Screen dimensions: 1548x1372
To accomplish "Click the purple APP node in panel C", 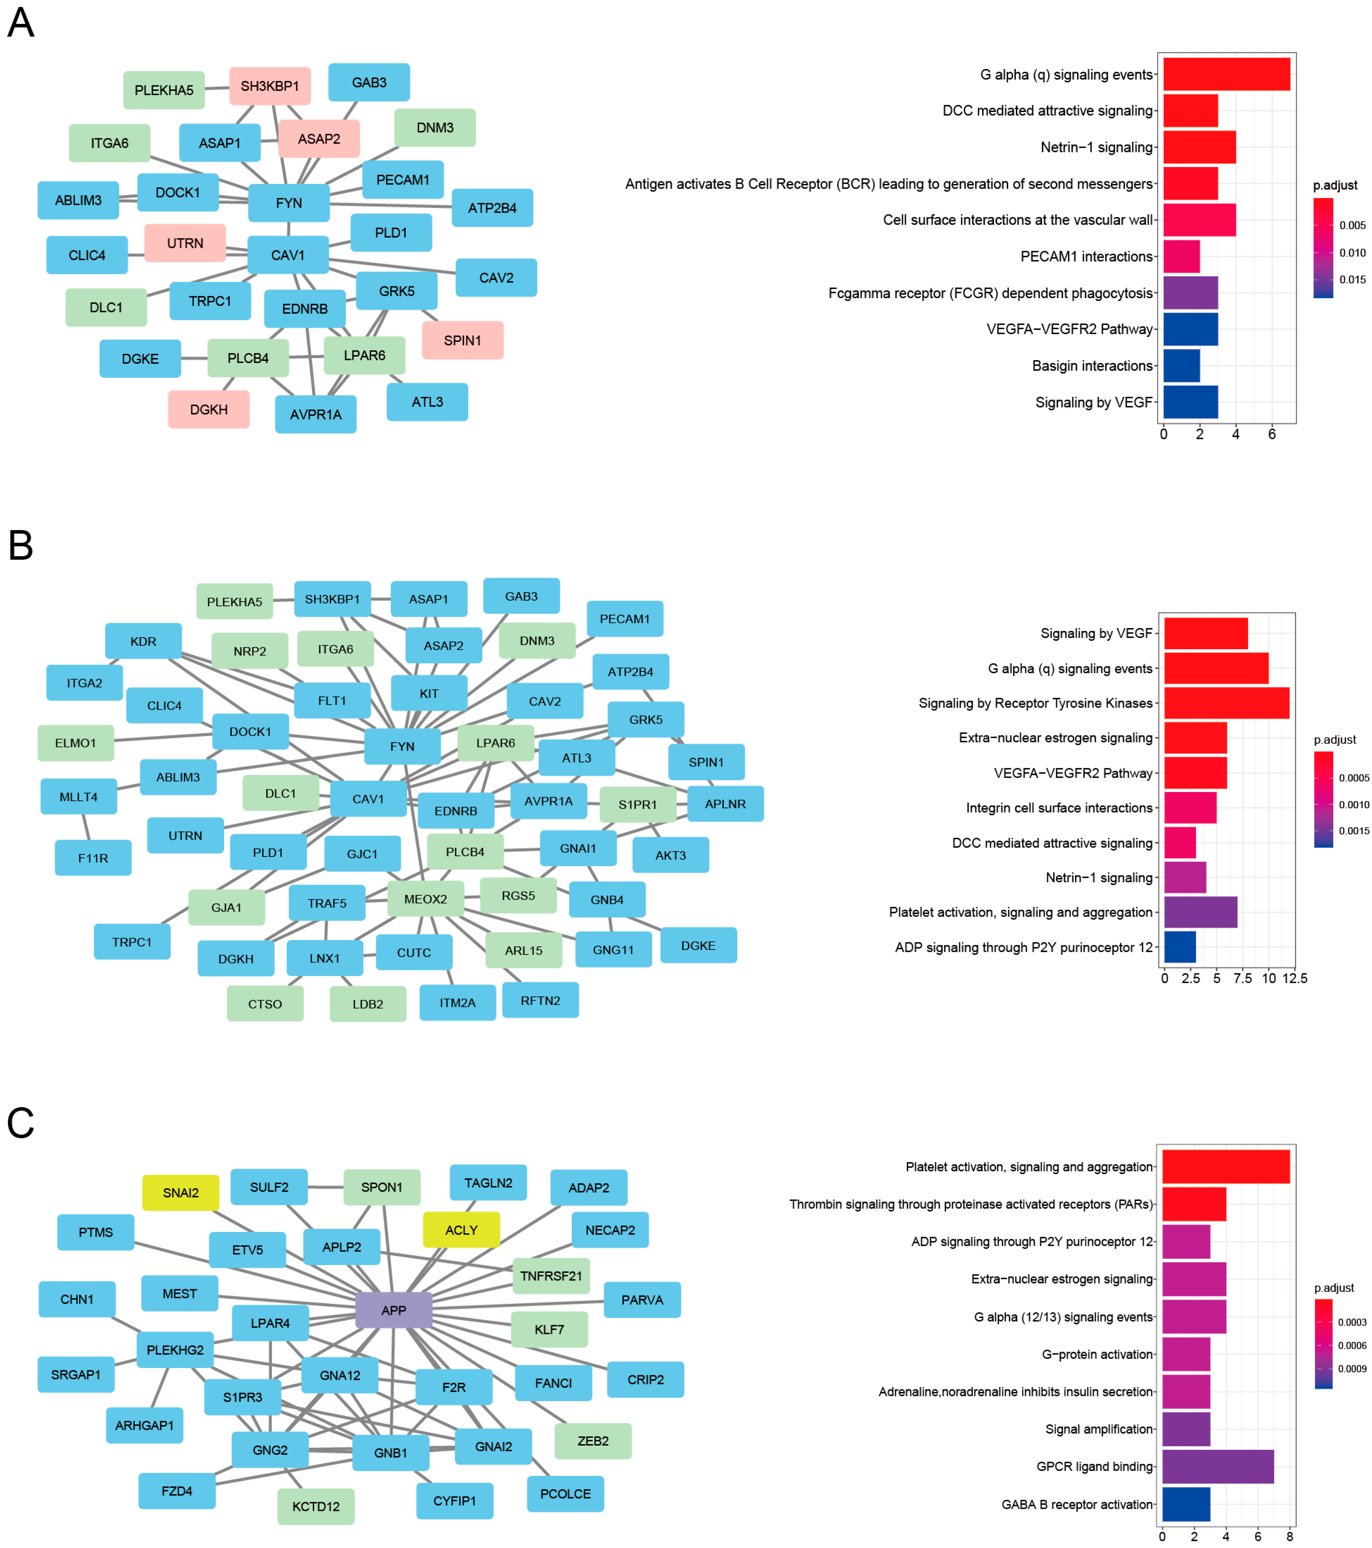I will (393, 1310).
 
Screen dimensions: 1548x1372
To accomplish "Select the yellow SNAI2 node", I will (180, 1193).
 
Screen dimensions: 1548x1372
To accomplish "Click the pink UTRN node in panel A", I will (185, 243).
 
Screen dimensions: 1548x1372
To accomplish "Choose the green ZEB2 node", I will (592, 1441).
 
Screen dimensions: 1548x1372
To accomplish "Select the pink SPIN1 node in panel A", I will (462, 340).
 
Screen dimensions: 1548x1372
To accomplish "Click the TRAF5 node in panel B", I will (327, 903).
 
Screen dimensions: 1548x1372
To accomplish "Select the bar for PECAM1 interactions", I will (1181, 256).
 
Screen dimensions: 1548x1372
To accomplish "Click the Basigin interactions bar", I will (1181, 366).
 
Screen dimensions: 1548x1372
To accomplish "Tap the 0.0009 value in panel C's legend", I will (1352, 1368).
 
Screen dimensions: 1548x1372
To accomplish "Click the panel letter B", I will (20, 545).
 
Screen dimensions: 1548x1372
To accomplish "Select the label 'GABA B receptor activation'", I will (1076, 1504).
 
